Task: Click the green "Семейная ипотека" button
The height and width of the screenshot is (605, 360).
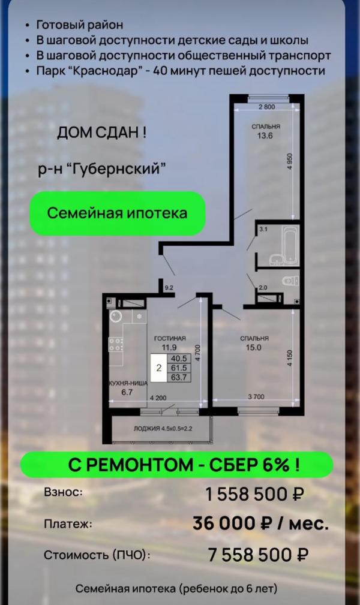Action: (118, 213)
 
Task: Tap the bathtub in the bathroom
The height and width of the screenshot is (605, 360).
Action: (290, 245)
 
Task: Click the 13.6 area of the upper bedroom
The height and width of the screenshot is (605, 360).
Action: (265, 136)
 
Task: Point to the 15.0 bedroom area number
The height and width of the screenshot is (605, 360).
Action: (253, 347)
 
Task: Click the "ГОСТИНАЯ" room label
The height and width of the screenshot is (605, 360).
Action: (170, 338)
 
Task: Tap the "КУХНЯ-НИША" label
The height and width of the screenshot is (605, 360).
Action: (128, 383)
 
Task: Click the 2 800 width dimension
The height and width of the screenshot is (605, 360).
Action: (266, 107)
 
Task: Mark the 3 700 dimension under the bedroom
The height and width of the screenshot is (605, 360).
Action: (256, 397)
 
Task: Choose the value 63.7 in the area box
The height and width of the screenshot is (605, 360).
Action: (179, 377)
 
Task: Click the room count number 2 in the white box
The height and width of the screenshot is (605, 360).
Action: (159, 368)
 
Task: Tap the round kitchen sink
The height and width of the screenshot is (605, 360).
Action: (115, 317)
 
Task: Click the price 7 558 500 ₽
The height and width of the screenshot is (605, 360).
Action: (258, 555)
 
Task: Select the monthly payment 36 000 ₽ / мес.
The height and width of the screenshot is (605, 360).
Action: (261, 523)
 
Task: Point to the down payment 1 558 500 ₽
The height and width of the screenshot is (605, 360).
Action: (254, 494)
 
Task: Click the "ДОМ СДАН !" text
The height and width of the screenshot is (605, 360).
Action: (101, 133)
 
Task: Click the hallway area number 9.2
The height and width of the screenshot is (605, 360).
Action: (169, 287)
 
